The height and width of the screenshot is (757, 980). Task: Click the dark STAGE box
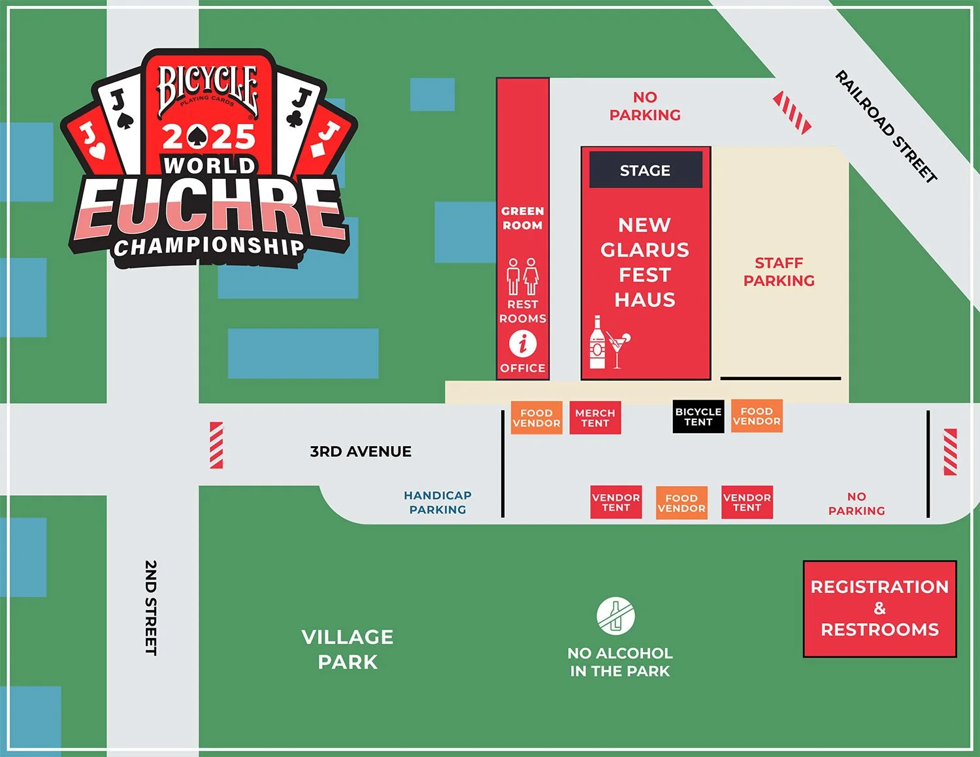click(x=645, y=170)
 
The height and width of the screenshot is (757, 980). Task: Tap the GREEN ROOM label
click(x=522, y=218)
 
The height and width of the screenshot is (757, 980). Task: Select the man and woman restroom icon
click(x=523, y=276)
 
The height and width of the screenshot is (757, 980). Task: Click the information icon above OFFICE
click(x=523, y=343)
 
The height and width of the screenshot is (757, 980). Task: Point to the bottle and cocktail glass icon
click(x=608, y=343)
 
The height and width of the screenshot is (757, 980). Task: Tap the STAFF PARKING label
click(x=779, y=272)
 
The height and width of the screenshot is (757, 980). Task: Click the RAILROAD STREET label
click(x=886, y=126)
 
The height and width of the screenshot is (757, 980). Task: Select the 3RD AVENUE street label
click(x=361, y=451)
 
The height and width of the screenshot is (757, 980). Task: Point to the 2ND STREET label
click(x=151, y=607)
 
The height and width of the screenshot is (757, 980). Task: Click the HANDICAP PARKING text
click(x=438, y=502)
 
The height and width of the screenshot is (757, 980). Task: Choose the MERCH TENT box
click(x=595, y=418)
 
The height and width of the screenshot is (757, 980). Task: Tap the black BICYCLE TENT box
click(x=698, y=417)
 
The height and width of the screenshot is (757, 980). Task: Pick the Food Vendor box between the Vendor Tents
click(x=681, y=503)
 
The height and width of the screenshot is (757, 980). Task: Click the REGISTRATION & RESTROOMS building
click(x=879, y=608)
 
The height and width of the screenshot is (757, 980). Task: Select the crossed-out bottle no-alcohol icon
click(x=615, y=615)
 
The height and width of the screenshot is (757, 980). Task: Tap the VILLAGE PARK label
click(x=348, y=649)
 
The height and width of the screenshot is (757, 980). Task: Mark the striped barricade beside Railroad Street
click(x=792, y=112)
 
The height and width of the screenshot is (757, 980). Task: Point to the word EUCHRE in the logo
click(x=209, y=209)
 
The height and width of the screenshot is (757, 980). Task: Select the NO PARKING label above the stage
click(x=645, y=106)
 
